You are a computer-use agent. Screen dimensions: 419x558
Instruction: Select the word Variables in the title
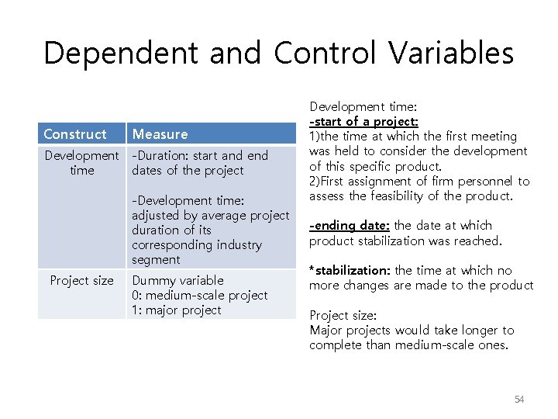pos(451,54)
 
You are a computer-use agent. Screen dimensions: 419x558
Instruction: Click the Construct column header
pos(75,134)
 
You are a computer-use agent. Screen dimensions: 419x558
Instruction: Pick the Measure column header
pos(160,134)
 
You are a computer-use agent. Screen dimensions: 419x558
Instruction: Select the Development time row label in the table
pos(81,163)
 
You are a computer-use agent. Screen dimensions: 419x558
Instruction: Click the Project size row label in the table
pos(81,280)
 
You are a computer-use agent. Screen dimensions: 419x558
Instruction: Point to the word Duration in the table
pos(160,155)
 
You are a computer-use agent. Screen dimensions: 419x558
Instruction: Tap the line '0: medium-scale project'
pos(199,295)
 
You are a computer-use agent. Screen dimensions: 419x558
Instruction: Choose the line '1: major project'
pos(177,310)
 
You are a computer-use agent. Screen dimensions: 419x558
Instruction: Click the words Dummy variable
pos(177,280)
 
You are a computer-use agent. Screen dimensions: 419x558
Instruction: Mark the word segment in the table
pos(156,259)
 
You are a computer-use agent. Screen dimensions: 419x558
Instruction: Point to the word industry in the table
pos(239,244)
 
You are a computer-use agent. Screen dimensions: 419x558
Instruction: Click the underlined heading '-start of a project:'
pos(363,121)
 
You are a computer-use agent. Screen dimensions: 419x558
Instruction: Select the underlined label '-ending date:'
pos(350,225)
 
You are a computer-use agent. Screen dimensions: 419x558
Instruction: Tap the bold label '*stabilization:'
pos(350,270)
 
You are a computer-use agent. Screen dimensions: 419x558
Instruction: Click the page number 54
pos(519,399)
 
